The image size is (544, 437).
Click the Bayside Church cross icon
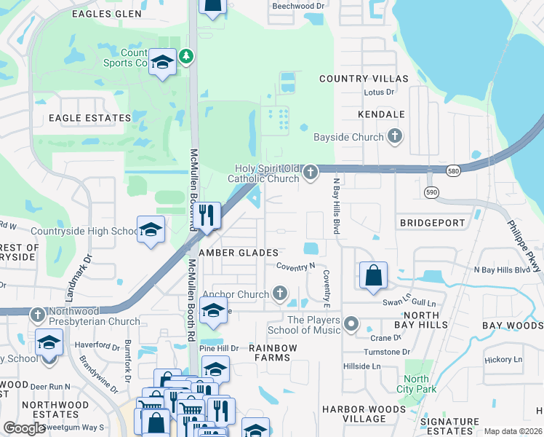[395, 136]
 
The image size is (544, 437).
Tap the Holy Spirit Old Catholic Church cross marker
[311, 173]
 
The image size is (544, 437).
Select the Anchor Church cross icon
[280, 294]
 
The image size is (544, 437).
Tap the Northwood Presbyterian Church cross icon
[38, 315]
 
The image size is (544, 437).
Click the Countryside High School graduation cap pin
[151, 230]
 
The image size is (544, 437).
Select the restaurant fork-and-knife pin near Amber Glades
[207, 216]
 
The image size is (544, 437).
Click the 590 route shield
[431, 191]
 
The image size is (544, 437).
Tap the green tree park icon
[187, 55]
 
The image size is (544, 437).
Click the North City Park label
[416, 384]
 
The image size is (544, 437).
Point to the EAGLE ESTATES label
[89, 117]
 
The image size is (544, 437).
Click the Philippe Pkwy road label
[528, 244]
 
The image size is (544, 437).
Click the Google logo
[25, 428]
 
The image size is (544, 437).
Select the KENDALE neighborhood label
[381, 114]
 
